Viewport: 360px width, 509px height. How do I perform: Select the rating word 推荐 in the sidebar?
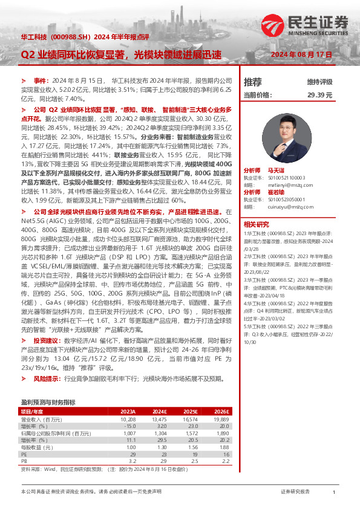point(252,82)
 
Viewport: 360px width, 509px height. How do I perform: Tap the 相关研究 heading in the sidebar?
point(257,224)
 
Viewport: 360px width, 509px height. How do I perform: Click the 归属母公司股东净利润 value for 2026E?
point(221,433)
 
